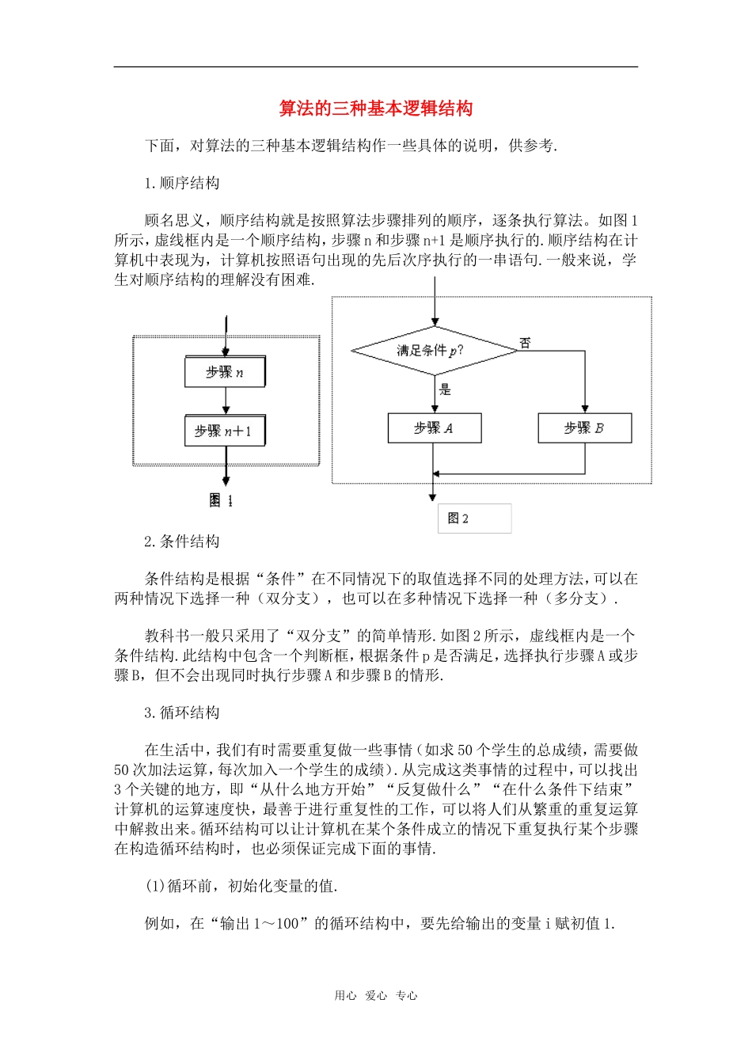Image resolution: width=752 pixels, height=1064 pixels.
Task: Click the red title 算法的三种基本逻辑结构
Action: (375, 108)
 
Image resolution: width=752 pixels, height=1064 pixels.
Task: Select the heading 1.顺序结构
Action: (182, 184)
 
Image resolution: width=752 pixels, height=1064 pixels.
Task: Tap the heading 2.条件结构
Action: (182, 541)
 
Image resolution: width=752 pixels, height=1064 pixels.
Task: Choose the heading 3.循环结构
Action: (182, 712)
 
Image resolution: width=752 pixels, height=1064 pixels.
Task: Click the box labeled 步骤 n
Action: (225, 372)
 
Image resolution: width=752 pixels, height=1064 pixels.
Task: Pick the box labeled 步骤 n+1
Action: (225, 431)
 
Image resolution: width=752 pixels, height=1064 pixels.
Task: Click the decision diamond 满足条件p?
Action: (433, 350)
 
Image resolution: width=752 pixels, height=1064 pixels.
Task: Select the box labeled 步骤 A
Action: (434, 428)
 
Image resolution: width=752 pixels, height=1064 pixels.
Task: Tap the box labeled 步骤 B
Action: (584, 428)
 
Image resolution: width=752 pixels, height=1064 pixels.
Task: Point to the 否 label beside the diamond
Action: (525, 343)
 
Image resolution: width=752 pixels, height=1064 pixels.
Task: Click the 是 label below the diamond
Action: (445, 389)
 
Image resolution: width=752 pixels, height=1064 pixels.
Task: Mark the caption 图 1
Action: (221, 500)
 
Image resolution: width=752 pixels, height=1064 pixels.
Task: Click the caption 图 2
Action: (458, 519)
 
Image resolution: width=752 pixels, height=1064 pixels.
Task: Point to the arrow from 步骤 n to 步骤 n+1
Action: (226, 401)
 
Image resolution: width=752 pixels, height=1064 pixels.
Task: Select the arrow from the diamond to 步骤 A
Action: (434, 394)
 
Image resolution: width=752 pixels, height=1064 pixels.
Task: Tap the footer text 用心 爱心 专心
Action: (375, 996)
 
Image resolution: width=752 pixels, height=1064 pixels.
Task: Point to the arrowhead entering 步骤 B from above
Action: (585, 408)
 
